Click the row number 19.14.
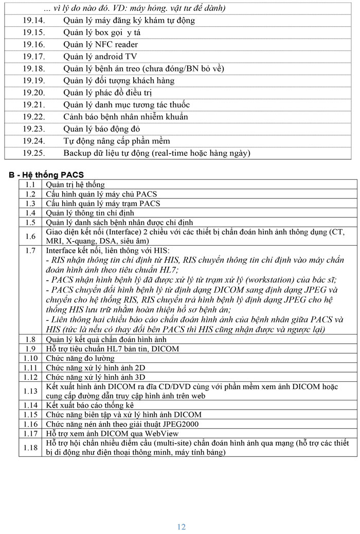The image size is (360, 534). [34, 21]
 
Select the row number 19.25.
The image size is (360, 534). [34, 153]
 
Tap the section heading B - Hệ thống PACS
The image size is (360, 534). [46, 175]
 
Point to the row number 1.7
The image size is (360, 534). [30, 250]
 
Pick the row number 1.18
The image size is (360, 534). [30, 448]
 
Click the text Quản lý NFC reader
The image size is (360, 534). [101, 45]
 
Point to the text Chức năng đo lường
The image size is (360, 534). [80, 358]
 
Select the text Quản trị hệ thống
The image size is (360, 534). [75, 185]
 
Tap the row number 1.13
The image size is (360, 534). [30, 391]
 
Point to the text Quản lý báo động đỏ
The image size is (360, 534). [102, 129]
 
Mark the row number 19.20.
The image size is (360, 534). [34, 93]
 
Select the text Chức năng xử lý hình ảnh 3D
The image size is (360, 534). [95, 377]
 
